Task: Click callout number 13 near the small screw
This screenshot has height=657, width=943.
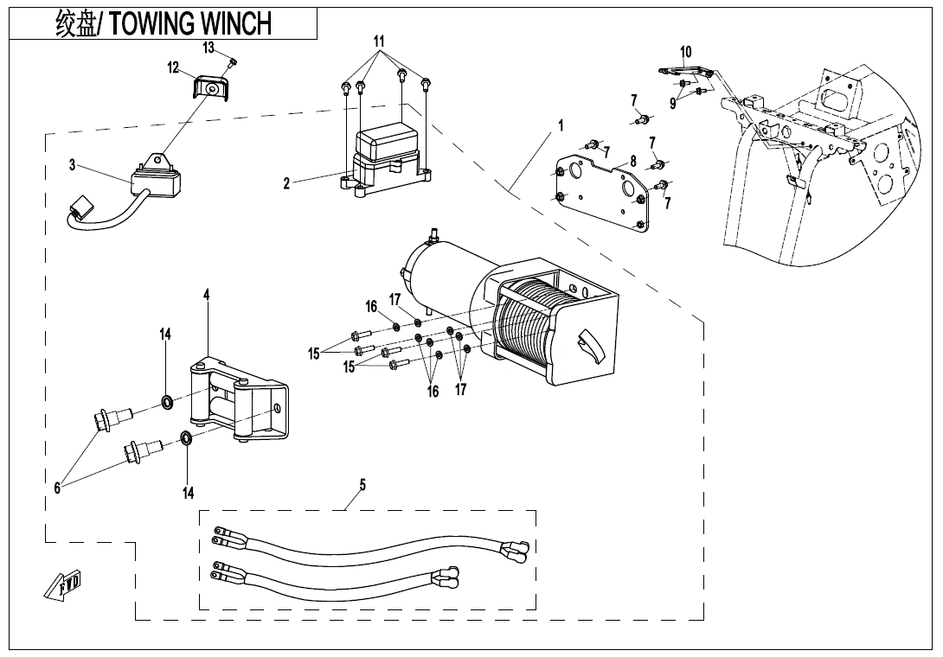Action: (208, 47)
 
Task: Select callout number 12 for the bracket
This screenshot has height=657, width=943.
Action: (173, 67)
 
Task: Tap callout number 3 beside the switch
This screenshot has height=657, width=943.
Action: (74, 165)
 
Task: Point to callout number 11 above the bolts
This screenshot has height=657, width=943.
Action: (379, 41)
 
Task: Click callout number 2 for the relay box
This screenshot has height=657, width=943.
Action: (287, 183)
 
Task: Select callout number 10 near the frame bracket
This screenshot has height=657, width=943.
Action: (686, 52)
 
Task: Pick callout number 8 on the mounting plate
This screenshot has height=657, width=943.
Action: (633, 161)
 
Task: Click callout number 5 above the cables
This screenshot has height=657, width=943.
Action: (362, 485)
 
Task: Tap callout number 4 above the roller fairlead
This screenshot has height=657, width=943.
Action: (207, 295)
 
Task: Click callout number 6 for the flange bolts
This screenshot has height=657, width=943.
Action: (57, 488)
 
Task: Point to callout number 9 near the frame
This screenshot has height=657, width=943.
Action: (672, 103)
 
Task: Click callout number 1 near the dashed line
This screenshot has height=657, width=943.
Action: (561, 126)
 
